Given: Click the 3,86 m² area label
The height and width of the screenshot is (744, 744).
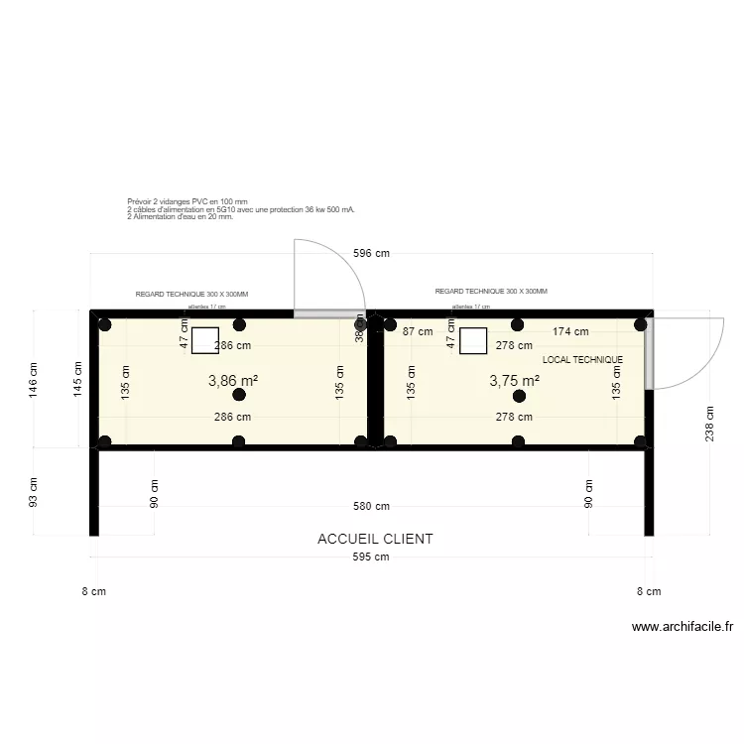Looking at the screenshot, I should click(x=233, y=380).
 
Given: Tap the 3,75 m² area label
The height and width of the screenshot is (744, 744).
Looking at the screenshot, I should click(x=514, y=380).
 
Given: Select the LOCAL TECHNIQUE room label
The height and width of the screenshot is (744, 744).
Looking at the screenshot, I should click(x=582, y=360).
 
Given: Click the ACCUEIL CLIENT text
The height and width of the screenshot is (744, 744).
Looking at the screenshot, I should click(x=375, y=539).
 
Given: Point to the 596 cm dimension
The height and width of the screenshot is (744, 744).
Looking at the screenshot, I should click(x=372, y=253).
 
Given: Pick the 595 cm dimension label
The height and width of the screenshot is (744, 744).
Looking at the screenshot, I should click(x=372, y=558).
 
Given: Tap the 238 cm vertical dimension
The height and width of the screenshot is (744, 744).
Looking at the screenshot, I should click(x=709, y=425).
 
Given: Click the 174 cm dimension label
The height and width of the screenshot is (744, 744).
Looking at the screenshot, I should click(x=570, y=332).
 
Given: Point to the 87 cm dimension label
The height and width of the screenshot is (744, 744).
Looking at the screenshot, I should click(x=418, y=332).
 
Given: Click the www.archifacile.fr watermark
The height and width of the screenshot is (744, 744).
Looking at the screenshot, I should click(x=682, y=627).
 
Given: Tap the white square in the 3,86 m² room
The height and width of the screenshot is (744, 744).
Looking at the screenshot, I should click(x=204, y=341).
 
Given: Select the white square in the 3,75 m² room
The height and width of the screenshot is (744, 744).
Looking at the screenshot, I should click(x=473, y=341).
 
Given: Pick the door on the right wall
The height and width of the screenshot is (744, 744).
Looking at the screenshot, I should click(x=649, y=353).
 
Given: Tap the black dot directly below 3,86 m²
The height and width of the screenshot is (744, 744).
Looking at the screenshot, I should click(x=236, y=396).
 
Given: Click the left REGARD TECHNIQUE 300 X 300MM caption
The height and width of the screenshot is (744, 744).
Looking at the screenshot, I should click(x=191, y=295).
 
